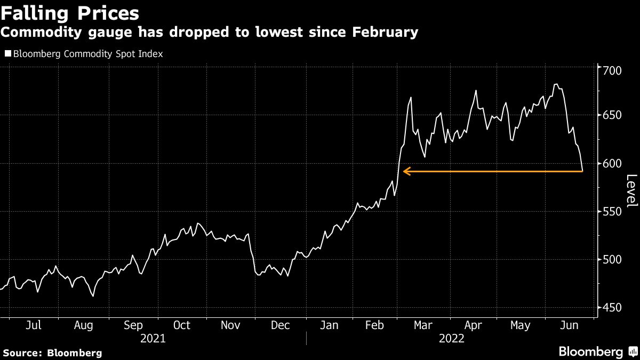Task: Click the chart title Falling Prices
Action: pos(70,13)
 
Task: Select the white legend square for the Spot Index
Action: pos(7,53)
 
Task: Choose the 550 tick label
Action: pos(613,212)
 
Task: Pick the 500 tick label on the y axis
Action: pos(613,260)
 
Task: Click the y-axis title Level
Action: pos(631,191)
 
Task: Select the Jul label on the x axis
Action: pos(33,325)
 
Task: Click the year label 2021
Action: pos(153,339)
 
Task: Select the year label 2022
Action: pos(451,339)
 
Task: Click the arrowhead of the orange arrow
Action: pos(405,171)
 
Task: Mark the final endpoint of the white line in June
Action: pos(582,171)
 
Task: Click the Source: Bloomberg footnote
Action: pos(52,353)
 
